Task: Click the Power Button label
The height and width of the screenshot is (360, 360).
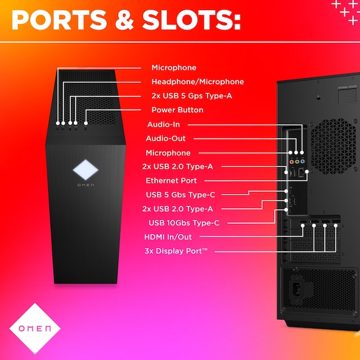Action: pyautogui.click(x=177, y=110)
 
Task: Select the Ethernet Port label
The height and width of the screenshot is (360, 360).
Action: pyautogui.click(x=171, y=181)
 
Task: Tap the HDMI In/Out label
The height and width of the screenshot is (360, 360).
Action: pyautogui.click(x=168, y=237)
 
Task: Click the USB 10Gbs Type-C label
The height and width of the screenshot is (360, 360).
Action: pyautogui.click(x=183, y=223)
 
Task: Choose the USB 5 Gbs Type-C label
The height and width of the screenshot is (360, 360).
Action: pyautogui.click(x=180, y=195)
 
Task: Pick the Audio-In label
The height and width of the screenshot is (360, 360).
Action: pyautogui.click(x=163, y=124)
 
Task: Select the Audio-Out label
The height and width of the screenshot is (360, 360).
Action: pyautogui.click(x=165, y=138)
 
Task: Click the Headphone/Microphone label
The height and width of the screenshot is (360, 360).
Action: pyautogui.click(x=197, y=82)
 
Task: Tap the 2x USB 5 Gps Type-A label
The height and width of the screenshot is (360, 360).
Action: pyautogui.click(x=191, y=96)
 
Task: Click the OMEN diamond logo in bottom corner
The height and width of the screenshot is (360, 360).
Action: pyautogui.click(x=35, y=328)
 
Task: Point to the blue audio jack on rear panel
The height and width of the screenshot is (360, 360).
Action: pyautogui.click(x=302, y=152)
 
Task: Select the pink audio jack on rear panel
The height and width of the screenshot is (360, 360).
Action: pyautogui.click(x=291, y=152)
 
